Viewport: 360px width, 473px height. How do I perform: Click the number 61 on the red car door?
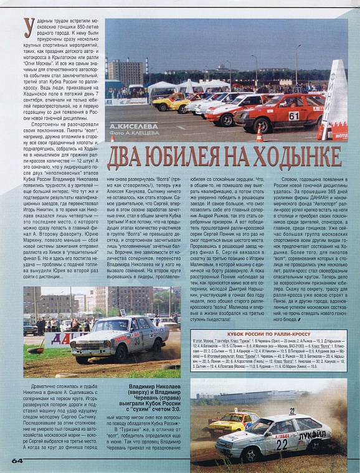pos(293,116)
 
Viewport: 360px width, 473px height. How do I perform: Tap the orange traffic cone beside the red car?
pos(260,133)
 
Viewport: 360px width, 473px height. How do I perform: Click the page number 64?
pos(17,461)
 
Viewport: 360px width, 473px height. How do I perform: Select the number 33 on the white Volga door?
pos(136,340)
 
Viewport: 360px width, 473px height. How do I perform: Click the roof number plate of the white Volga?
pos(123,313)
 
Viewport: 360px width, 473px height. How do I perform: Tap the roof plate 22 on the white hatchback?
pos(291,411)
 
